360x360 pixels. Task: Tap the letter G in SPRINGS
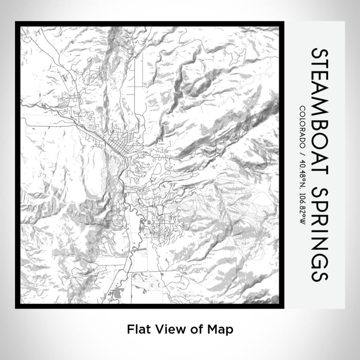318,259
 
